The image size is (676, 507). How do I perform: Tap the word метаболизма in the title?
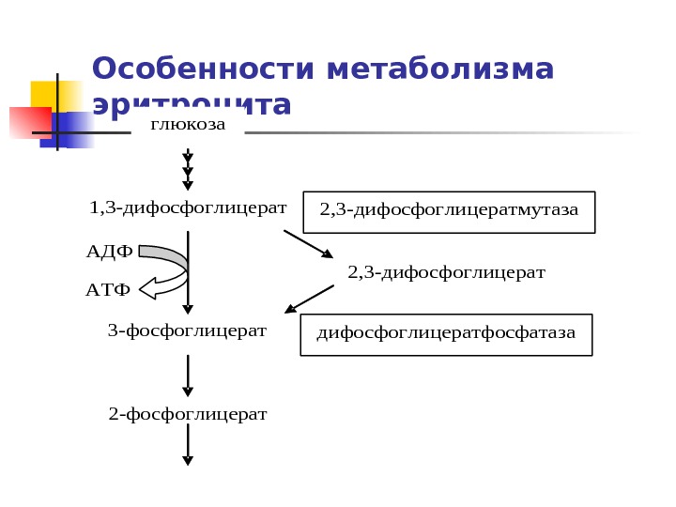tap(440, 69)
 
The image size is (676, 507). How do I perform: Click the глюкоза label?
tap(188, 125)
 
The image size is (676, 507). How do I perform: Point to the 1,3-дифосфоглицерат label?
tap(188, 207)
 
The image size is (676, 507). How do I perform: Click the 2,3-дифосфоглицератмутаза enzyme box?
tap(449, 210)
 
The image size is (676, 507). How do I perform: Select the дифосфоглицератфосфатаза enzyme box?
tap(446, 334)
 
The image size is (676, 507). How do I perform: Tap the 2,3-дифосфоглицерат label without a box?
tap(446, 272)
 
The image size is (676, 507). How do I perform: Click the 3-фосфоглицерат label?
tap(188, 330)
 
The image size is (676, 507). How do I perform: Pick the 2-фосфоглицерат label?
tap(188, 414)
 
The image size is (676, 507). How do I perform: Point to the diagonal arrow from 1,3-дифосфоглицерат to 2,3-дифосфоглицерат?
tap(308, 244)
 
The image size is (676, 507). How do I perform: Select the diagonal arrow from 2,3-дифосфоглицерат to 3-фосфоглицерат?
tap(309, 299)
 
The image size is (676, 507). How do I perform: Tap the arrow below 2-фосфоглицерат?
tap(188, 445)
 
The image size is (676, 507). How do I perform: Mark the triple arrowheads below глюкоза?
tap(188, 171)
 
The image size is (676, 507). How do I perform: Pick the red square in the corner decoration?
tap(28, 123)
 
